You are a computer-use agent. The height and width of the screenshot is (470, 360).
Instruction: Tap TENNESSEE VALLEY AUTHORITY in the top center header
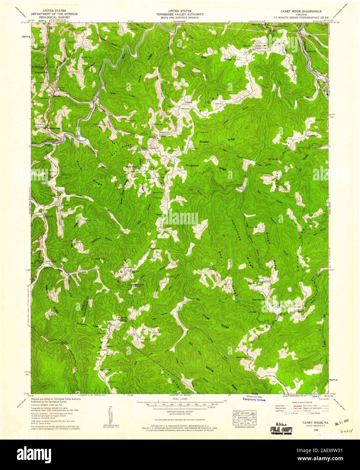click(179, 14)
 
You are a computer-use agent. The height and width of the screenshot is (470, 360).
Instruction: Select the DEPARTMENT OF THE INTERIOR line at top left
click(54, 14)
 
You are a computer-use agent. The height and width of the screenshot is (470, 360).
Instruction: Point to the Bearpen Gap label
click(258, 25)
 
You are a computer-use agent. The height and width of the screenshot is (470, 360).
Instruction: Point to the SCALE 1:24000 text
click(179, 399)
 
